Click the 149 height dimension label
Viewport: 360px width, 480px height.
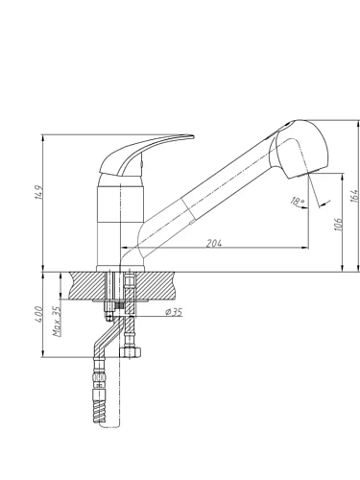pos(38,192)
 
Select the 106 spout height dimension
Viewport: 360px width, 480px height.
pos(338,223)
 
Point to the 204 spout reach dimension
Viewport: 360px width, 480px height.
pos(213,243)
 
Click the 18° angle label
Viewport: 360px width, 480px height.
pos(298,201)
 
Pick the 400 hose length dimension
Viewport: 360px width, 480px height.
pos(38,314)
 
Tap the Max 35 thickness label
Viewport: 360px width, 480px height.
pos(57,321)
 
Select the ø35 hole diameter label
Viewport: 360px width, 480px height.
pos(173,312)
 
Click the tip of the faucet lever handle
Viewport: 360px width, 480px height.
pos(193,137)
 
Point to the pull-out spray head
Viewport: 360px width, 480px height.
pos(300,149)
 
